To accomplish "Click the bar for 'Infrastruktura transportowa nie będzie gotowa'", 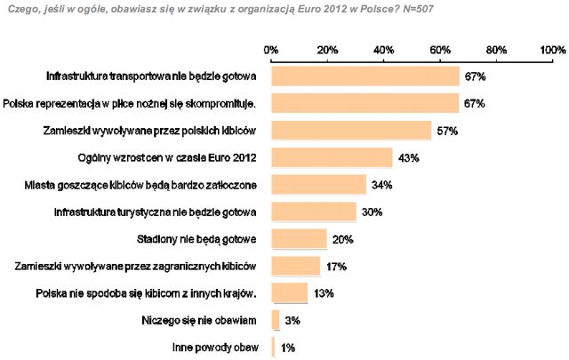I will click(365, 76).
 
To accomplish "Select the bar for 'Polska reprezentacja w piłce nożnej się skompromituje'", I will click(365, 104).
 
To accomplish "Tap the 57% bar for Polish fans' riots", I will click(351, 131).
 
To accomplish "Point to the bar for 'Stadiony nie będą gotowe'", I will click(299, 239).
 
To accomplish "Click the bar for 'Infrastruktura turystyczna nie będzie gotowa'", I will click(313, 212).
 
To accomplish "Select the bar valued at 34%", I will click(318, 185).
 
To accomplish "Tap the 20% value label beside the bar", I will click(343, 239).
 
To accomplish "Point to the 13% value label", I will click(324, 293).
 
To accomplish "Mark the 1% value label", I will click(288, 348).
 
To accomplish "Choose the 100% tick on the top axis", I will click(551, 49).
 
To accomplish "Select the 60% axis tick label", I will click(440, 49).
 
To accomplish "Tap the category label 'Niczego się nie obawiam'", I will click(200, 320).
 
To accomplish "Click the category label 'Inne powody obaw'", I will click(215, 348).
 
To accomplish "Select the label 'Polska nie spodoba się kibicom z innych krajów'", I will click(147, 293).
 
